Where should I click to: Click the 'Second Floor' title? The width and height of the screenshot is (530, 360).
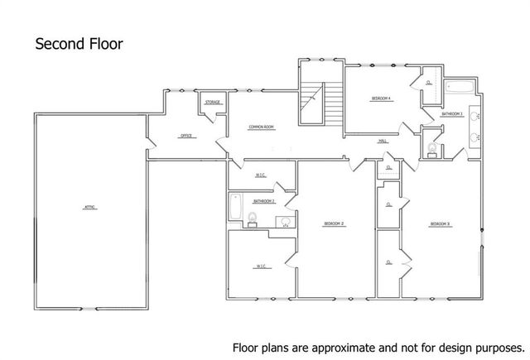coord(79,43)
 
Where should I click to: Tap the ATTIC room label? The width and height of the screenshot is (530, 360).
coord(89,207)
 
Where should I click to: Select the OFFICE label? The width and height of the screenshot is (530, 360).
coord(186,136)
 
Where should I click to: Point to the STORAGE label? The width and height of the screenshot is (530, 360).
coord(213,103)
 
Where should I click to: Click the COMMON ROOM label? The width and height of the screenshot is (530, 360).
coord(262,127)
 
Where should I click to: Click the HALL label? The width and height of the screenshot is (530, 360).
coord(383,142)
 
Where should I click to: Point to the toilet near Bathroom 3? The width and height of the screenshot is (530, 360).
coord(431,148)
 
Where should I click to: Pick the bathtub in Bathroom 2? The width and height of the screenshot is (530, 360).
coord(235,209)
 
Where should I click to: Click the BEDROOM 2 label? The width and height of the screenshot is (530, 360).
coord(334,224)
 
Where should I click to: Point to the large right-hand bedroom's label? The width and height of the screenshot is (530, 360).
coord(440,224)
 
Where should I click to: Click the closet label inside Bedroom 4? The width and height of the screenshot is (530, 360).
coord(428,84)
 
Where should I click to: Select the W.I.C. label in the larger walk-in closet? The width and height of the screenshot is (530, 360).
coord(261,266)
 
